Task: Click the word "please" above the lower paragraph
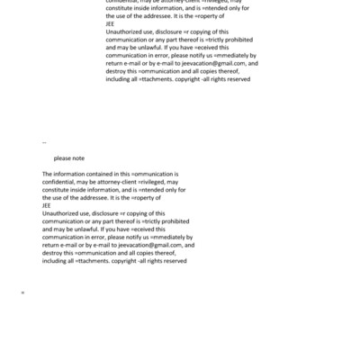(x=63, y=157)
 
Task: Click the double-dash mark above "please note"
(x=44, y=142)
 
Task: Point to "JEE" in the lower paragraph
(x=47, y=205)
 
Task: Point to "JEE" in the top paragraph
(x=111, y=24)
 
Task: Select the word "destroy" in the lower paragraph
(x=53, y=253)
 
